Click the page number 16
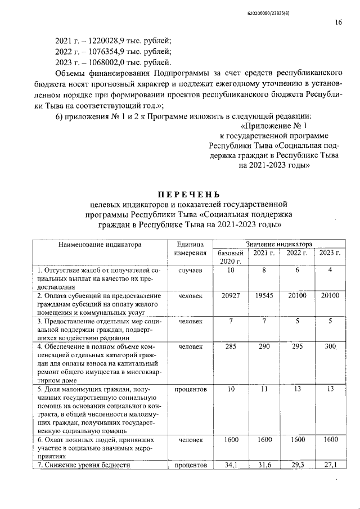coord(338,22)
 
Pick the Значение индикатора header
coord(278,245)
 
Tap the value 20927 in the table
coord(231,295)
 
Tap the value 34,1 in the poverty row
coord(231,465)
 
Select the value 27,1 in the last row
coord(330,465)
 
